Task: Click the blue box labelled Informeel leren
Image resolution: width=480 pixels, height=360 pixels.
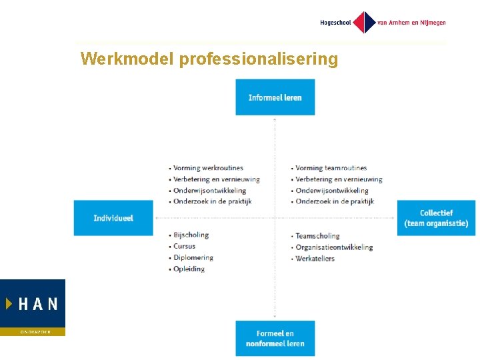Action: coord(275,97)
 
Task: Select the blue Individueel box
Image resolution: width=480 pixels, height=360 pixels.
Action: coord(113,218)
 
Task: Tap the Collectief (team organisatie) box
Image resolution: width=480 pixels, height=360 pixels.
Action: coord(436,218)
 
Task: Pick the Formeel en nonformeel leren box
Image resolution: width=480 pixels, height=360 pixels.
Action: coord(275,338)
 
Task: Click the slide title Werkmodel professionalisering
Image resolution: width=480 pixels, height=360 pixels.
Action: coord(209,59)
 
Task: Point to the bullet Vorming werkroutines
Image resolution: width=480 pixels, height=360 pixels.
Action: coord(207,168)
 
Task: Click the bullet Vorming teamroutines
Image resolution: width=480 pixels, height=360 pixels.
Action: coord(331,168)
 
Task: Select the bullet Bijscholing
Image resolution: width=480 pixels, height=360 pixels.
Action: coord(191,235)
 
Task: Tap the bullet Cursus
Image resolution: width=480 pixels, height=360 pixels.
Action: coord(184,246)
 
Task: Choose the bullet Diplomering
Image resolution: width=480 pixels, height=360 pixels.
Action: coord(193,257)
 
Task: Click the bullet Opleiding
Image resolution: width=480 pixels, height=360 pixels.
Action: coord(189,269)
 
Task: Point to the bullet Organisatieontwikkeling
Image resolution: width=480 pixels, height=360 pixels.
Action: coord(333,247)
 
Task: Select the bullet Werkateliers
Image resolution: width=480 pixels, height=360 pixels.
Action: coord(315,259)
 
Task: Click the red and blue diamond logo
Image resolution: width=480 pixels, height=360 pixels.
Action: coord(364,23)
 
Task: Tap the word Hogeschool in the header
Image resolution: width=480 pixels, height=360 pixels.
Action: coord(335,23)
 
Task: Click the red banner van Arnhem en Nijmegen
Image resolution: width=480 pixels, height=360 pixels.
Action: coord(411,23)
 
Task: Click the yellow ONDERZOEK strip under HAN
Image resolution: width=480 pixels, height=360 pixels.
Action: coord(33,331)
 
